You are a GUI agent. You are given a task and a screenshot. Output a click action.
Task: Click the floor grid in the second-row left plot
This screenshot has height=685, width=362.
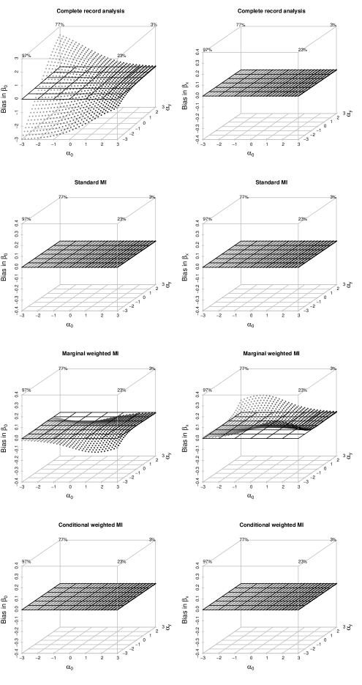point(88,297)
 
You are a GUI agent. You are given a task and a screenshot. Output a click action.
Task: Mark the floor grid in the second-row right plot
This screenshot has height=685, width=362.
point(269,297)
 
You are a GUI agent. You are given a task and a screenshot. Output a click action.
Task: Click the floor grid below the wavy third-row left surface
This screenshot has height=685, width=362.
point(88,469)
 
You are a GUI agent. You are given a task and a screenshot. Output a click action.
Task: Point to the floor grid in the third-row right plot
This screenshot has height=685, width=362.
point(269,469)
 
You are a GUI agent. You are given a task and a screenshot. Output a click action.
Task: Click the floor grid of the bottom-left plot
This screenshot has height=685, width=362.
point(88,640)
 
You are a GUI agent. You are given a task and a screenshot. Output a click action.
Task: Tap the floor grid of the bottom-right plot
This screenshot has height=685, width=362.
point(269,640)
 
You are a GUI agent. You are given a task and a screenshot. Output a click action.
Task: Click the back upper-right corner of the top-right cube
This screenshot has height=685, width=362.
point(336,27)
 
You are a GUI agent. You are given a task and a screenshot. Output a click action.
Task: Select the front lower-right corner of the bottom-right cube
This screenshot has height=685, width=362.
point(299,654)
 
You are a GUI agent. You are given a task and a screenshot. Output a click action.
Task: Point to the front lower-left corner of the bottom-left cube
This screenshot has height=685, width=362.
point(22,654)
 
